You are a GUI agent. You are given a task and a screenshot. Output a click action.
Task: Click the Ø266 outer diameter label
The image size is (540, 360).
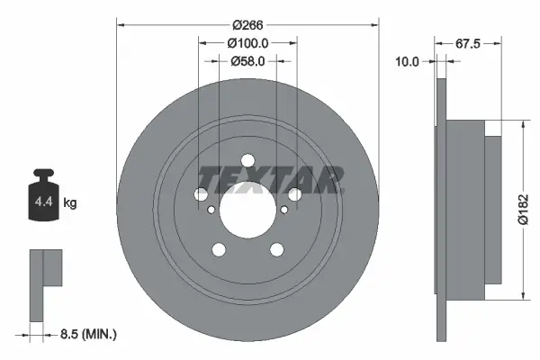point(247,25)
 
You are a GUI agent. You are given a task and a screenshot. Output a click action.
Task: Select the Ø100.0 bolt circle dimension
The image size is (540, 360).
point(247,43)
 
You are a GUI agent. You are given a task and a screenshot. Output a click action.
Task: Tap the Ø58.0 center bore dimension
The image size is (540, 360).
point(247,61)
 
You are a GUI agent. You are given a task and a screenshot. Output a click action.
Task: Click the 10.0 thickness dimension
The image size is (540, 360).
point(408,61)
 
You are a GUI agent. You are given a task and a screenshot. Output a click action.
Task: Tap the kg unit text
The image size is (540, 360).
point(70,203)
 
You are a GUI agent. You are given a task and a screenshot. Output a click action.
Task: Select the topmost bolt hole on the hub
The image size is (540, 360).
point(247,163)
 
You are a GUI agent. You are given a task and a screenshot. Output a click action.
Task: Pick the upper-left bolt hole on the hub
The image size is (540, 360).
point(202,193)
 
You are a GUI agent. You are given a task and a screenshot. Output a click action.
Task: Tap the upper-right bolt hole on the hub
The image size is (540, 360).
point(294,193)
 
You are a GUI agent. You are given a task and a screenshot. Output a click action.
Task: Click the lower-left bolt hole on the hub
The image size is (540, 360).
point(219,251)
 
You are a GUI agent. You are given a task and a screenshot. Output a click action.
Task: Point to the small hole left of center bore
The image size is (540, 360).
point(211,210)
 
